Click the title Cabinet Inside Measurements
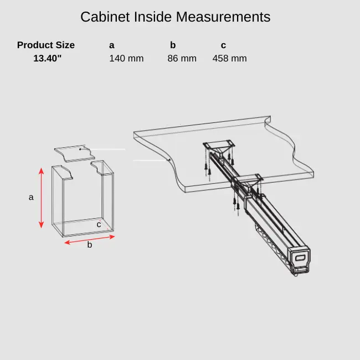(x=175, y=17)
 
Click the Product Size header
(x=46, y=45)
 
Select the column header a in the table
(x=112, y=45)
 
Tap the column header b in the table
(x=173, y=45)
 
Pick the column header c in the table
(x=223, y=45)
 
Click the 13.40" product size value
(x=47, y=58)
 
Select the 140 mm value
(x=126, y=58)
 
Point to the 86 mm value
(x=182, y=58)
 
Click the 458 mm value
(x=229, y=58)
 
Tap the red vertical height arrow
(x=41, y=198)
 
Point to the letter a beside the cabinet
(x=31, y=197)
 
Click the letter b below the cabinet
(x=89, y=245)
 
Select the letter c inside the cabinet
(x=99, y=224)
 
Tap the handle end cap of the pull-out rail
(x=300, y=257)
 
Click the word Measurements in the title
(x=223, y=17)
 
